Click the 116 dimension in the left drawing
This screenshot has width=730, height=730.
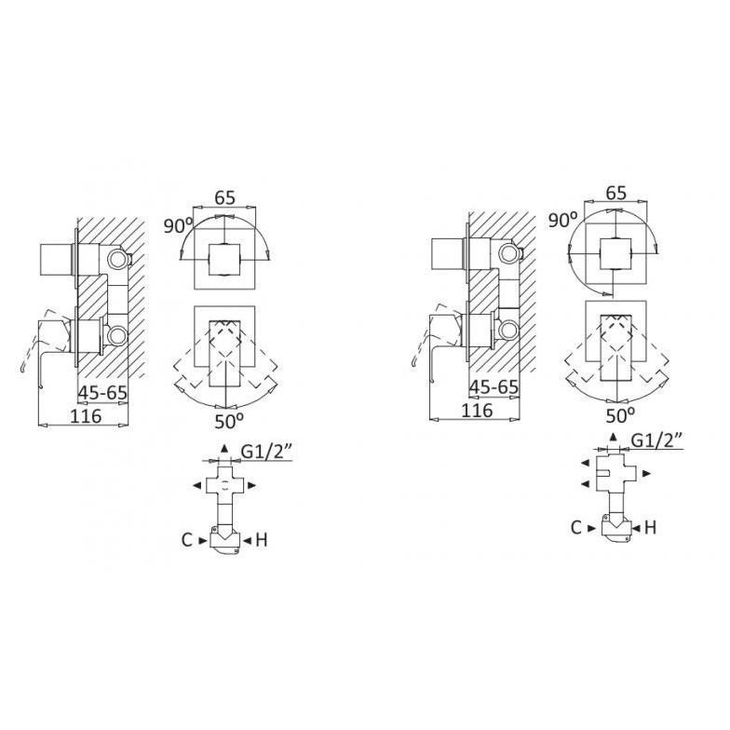click(x=86, y=415)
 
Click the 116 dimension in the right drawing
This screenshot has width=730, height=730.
click(x=477, y=410)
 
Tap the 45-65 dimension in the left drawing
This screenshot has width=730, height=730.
click(x=102, y=393)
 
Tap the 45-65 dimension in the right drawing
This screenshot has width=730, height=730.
click(x=493, y=387)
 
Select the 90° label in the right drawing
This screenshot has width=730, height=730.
click(x=562, y=220)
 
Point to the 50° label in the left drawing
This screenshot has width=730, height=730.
click(x=229, y=421)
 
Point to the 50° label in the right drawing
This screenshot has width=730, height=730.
click(x=620, y=415)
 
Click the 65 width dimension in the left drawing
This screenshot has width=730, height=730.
click(x=225, y=197)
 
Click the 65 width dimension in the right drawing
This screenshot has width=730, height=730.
click(x=616, y=192)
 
